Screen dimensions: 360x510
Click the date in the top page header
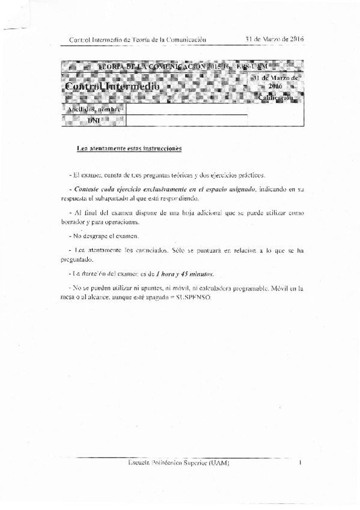pyautogui.click(x=275, y=40)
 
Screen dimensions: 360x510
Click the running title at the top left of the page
pyautogui.click(x=138, y=40)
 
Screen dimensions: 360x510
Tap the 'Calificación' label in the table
pyautogui.click(x=276, y=97)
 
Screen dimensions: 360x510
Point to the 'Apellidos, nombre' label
pyautogui.click(x=94, y=110)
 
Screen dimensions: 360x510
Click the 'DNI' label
pyautogui.click(x=94, y=121)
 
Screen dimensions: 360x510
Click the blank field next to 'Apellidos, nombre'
pyautogui.click(x=186, y=110)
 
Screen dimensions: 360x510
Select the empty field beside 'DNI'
pyautogui.click(x=186, y=121)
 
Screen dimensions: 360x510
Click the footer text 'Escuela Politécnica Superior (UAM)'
pyautogui.click(x=179, y=463)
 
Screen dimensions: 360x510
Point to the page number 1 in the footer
pyautogui.click(x=299, y=463)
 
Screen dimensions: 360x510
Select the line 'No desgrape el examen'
pyautogui.click(x=105, y=236)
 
